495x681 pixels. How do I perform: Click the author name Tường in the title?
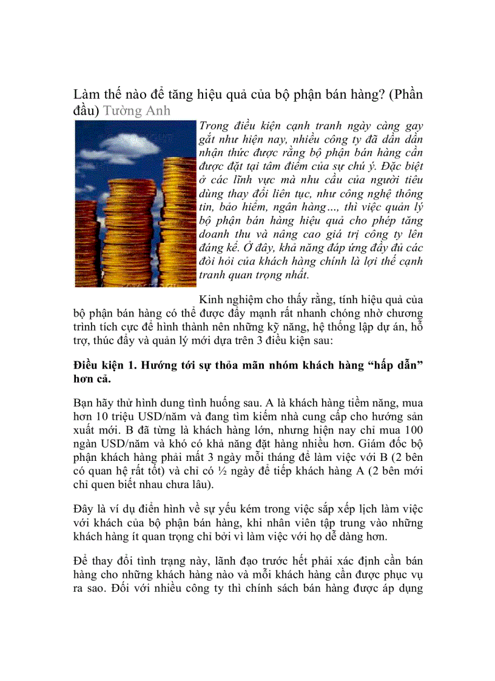[120, 112]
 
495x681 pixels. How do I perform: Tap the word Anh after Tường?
[157, 112]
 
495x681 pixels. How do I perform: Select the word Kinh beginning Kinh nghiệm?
[211, 300]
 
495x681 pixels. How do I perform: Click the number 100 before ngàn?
[413, 430]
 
